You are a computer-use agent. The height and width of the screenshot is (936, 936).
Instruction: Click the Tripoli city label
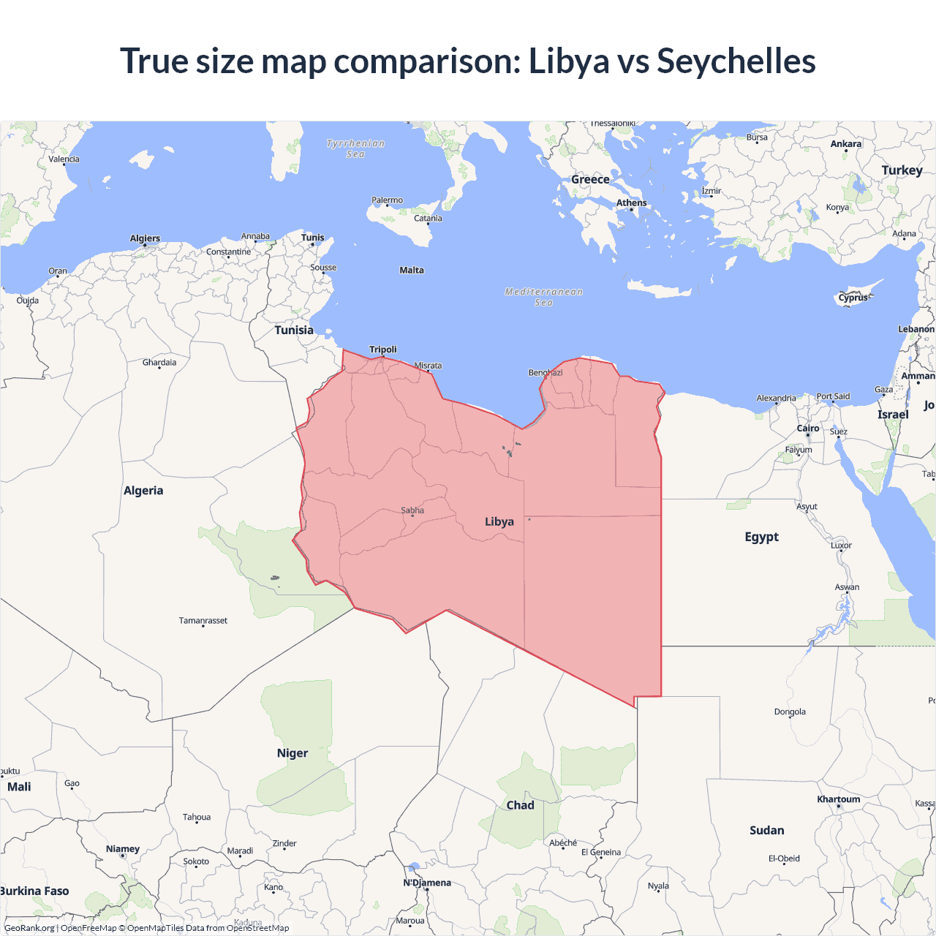(x=382, y=350)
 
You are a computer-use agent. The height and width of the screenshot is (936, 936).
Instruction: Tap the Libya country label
(x=499, y=521)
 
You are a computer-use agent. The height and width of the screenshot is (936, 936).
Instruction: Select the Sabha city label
(x=412, y=510)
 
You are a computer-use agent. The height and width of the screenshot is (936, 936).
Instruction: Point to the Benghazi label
(x=546, y=373)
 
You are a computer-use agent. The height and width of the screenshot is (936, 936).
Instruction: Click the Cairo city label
(x=808, y=429)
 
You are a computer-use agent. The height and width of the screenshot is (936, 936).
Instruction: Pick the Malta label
(x=412, y=271)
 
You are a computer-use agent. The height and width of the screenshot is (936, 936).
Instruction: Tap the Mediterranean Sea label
(x=544, y=297)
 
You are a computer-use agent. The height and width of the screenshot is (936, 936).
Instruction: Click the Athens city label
(x=631, y=203)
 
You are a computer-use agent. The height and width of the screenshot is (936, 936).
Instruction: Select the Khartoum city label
(x=839, y=799)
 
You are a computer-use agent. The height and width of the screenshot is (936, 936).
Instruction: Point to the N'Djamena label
(x=427, y=883)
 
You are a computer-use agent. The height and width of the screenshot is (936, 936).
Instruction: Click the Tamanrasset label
(x=203, y=621)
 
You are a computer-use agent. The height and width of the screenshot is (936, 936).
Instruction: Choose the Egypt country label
(x=761, y=537)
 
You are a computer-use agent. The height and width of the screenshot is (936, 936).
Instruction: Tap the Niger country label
(x=292, y=753)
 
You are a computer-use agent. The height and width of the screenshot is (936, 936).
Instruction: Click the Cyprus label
(x=853, y=298)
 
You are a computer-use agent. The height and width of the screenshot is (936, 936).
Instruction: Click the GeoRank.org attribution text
(x=29, y=928)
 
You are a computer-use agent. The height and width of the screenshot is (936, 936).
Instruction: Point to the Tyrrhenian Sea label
(x=355, y=148)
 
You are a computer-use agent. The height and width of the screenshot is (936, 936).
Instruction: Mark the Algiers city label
(x=145, y=238)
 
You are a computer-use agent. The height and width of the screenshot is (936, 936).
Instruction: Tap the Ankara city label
(x=846, y=144)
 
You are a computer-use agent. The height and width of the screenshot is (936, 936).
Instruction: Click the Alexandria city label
(x=776, y=399)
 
